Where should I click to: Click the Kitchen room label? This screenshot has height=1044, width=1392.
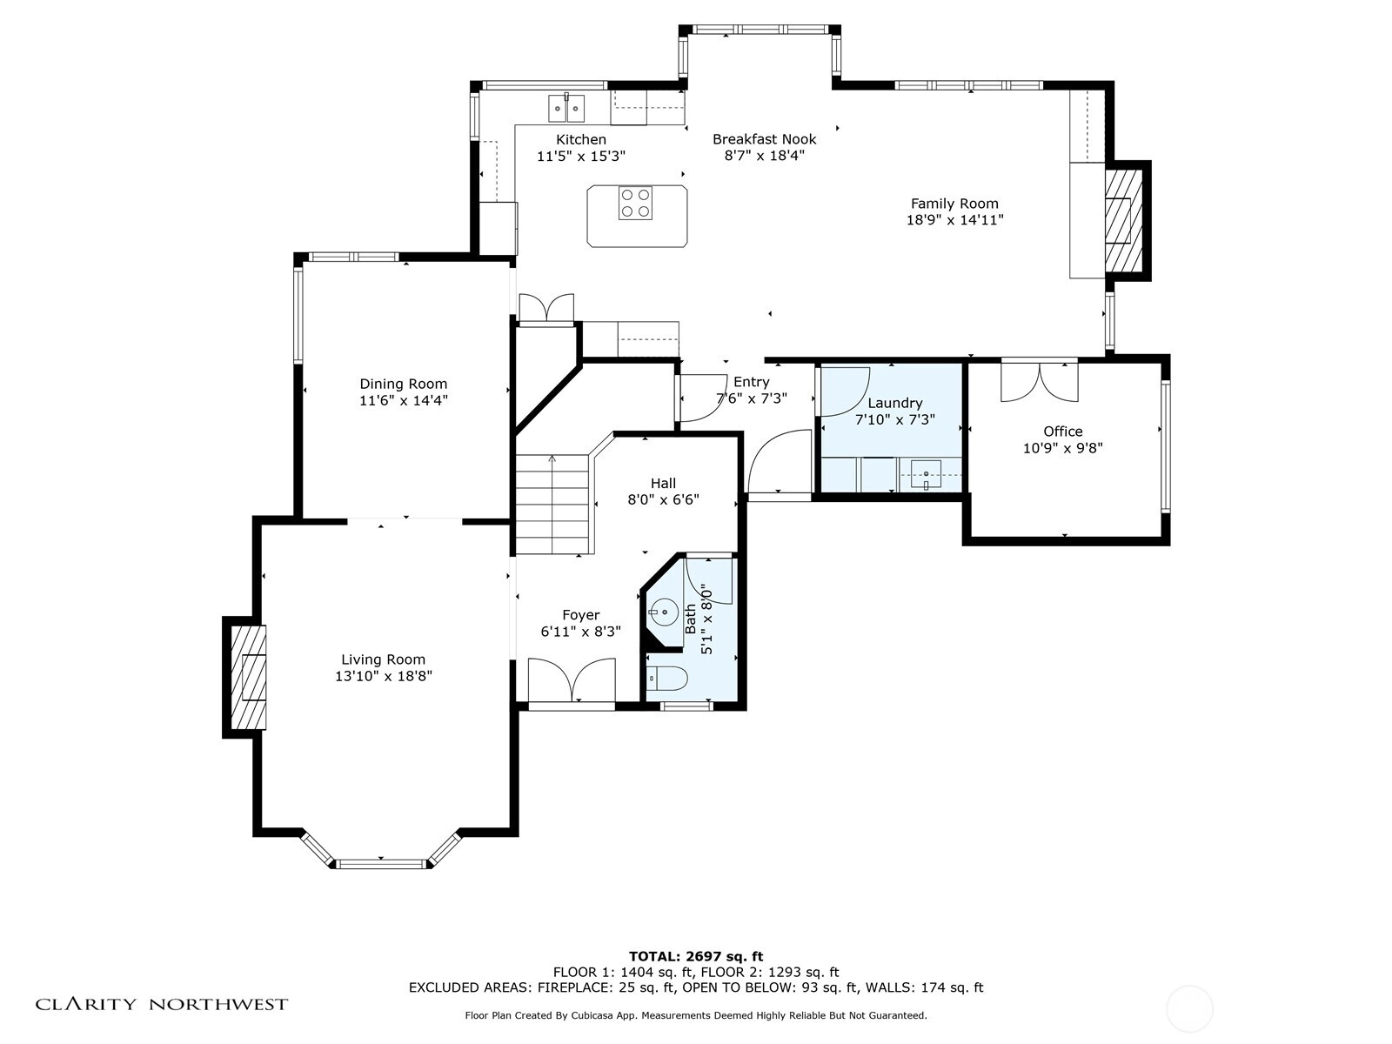pos(581,139)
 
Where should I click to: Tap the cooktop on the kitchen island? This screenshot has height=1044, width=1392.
pos(635,203)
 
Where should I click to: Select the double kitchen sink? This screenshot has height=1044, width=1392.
pos(566,108)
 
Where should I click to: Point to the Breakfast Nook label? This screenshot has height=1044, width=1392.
pos(764,139)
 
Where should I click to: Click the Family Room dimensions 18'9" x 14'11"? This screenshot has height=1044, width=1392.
pos(954,220)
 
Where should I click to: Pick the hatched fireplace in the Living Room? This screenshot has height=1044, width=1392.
pos(248,677)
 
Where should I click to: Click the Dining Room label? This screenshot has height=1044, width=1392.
pos(404,384)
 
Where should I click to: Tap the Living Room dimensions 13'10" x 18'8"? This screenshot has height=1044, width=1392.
pos(384,676)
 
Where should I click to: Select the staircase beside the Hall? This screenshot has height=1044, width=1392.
pos(553,505)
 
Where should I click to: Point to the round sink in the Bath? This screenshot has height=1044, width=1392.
pos(664,612)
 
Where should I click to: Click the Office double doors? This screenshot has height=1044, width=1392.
pos(1040,382)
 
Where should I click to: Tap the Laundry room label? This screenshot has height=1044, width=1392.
pos(895,403)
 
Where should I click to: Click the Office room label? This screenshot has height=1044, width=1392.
pos(1063,432)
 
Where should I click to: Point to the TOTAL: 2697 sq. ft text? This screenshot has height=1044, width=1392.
pos(696,956)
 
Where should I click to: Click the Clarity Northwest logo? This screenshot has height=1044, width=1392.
pos(162,1004)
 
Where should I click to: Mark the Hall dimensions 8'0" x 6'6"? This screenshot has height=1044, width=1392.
pos(663,499)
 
